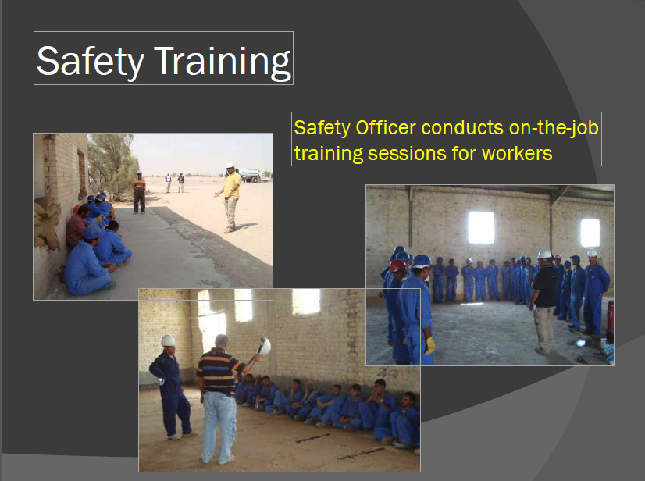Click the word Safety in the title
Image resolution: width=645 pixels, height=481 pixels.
pyautogui.click(x=91, y=62)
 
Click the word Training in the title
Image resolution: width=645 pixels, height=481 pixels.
pyautogui.click(x=222, y=62)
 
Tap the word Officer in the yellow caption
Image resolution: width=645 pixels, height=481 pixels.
pyautogui.click(x=386, y=127)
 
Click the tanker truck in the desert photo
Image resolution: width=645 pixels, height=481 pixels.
pyautogui.click(x=250, y=176)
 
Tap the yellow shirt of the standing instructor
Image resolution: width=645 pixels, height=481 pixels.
pyautogui.click(x=233, y=185)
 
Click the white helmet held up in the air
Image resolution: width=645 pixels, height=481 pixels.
pyautogui.click(x=265, y=346)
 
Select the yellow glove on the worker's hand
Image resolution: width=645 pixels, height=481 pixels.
pyautogui.click(x=429, y=345)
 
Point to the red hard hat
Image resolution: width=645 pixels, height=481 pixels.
pyautogui.click(x=397, y=265)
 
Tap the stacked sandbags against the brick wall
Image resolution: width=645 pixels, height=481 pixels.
pyautogui.click(x=47, y=223)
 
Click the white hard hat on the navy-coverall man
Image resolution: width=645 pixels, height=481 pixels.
pyautogui.click(x=168, y=340)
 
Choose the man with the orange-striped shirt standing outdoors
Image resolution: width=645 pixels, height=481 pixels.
pyautogui.click(x=140, y=192)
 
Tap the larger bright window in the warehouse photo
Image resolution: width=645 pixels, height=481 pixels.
pyautogui.click(x=481, y=227)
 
